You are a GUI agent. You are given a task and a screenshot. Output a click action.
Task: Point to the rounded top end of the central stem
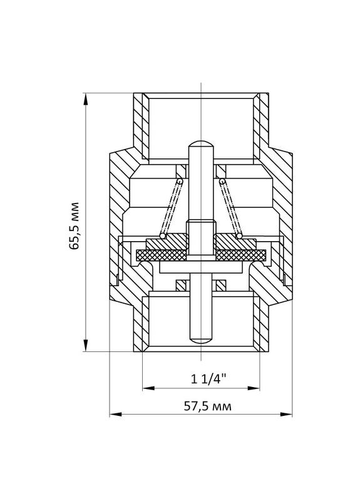click(x=201, y=145)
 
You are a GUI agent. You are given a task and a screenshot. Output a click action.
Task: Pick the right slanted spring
click(x=231, y=209)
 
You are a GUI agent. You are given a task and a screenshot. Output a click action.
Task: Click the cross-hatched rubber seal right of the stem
click(x=241, y=255)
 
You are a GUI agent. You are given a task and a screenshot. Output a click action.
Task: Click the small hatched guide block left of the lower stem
click(x=181, y=285)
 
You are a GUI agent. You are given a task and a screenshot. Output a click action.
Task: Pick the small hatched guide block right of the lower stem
click(x=221, y=285)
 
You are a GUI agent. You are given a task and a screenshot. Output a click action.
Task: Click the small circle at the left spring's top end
click(x=180, y=182)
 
